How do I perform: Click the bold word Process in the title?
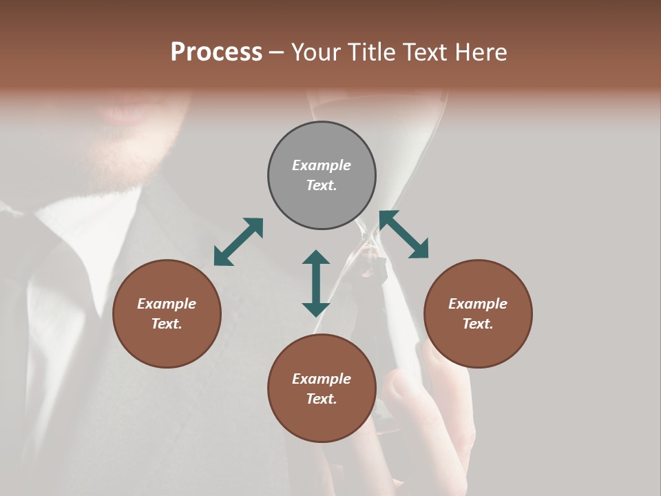[216, 52]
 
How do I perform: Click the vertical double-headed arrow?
[316, 283]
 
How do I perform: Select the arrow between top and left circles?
[238, 242]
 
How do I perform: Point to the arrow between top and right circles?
[403, 234]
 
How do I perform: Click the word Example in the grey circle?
[322, 165]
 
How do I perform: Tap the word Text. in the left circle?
[167, 324]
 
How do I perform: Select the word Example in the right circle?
[478, 304]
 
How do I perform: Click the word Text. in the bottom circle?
[322, 399]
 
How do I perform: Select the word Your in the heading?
[313, 52]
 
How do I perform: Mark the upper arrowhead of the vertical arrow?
[316, 258]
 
